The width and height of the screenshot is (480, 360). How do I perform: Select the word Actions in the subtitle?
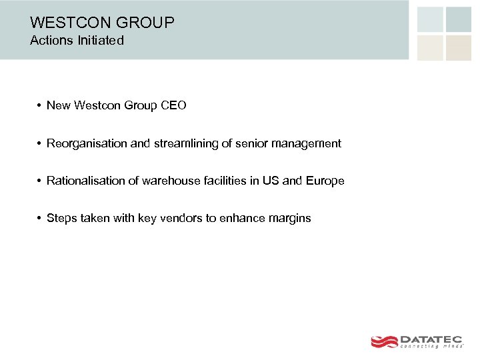tap(50, 41)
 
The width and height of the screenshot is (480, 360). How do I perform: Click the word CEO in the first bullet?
tap(173, 105)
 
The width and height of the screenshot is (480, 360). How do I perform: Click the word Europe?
tap(325, 181)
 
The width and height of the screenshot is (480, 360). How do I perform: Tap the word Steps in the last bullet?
tap(61, 218)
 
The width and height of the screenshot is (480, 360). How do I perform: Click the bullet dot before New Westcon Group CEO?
tap(40, 106)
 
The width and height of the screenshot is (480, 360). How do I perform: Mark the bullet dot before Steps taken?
tap(40, 219)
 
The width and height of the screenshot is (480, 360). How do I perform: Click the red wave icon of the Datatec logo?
tap(383, 341)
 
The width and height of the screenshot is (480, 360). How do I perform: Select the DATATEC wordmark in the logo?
tap(432, 339)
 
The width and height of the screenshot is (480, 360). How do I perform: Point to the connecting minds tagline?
tap(431, 347)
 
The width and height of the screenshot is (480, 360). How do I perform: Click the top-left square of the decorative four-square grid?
tap(430, 19)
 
